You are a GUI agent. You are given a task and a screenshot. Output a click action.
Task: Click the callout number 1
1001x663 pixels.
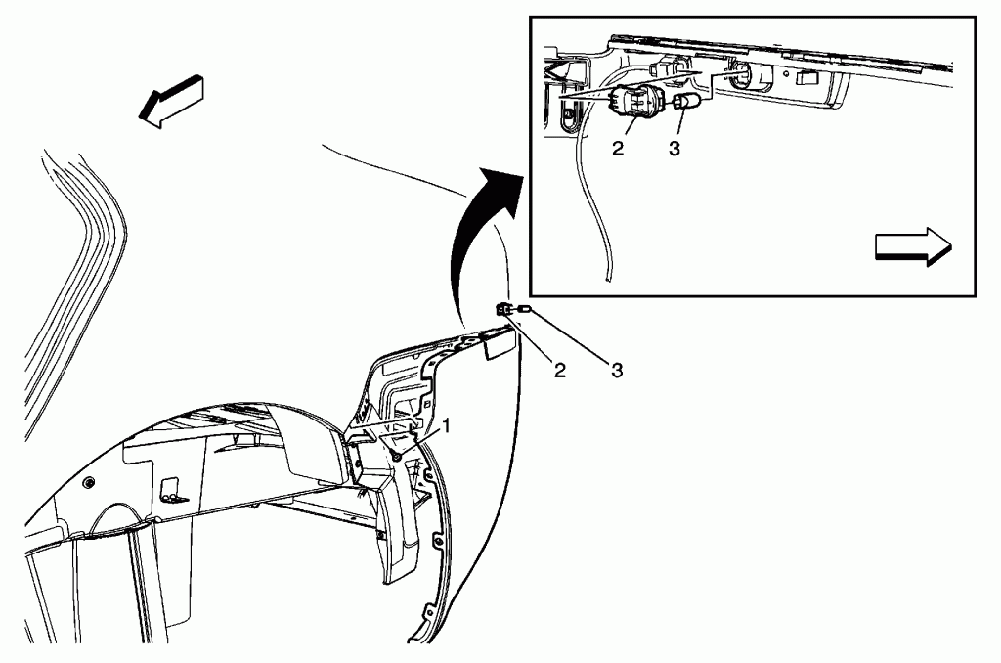447,425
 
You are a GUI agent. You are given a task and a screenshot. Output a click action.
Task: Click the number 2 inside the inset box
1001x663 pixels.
618,149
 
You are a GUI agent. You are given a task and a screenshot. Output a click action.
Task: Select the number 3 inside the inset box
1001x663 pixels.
675,149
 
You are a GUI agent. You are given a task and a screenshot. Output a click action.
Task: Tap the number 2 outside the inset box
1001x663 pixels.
560,370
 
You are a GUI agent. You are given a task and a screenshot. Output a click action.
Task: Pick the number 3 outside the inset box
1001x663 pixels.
617,370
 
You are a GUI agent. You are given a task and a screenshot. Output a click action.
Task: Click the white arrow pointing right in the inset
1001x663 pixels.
913,245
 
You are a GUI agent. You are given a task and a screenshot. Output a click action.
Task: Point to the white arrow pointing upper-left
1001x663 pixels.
171,101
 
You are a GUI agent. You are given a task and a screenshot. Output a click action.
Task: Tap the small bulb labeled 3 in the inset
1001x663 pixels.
686,101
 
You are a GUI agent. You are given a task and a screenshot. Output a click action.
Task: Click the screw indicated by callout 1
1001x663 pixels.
397,456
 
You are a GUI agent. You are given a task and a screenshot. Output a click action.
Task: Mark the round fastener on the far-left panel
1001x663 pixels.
88,482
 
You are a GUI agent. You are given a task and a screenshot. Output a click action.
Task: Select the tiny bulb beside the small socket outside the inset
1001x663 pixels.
525,310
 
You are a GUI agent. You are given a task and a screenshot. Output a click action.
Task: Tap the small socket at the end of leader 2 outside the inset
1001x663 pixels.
503,310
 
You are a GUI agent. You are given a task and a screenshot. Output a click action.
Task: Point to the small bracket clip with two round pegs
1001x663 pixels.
173,490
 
